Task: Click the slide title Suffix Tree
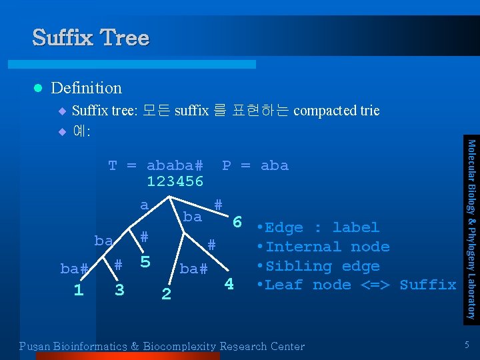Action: (x=91, y=37)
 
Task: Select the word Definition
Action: (x=86, y=88)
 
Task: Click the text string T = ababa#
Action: (x=155, y=165)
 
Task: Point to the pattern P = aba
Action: (x=255, y=165)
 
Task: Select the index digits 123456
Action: (x=175, y=181)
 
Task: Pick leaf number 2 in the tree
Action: (x=166, y=293)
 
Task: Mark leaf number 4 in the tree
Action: (x=229, y=284)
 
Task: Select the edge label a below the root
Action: (x=144, y=205)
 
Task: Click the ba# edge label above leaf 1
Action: (x=74, y=269)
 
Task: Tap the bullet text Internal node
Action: (x=327, y=247)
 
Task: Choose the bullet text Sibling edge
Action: (x=322, y=266)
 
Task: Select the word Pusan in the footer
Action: (x=34, y=347)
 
